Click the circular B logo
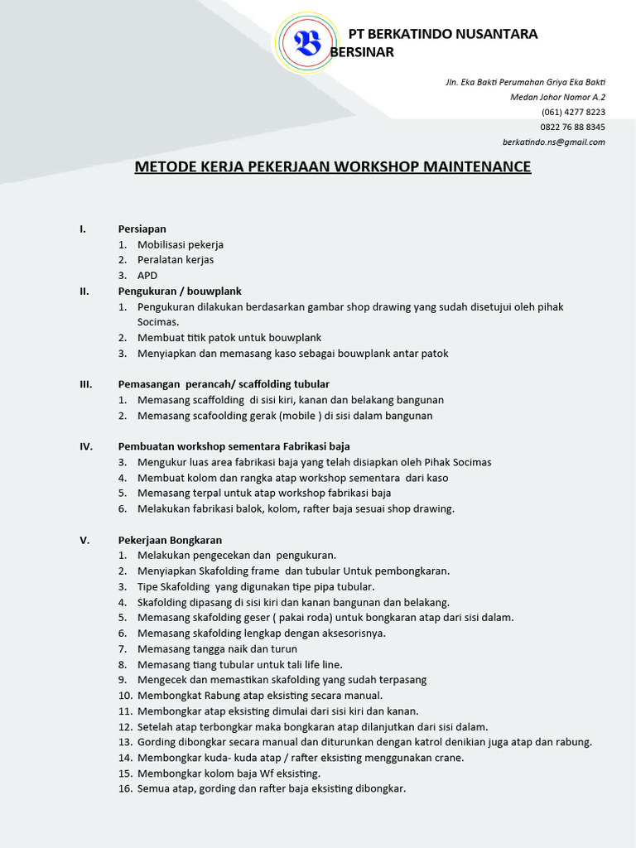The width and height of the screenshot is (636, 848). (308, 42)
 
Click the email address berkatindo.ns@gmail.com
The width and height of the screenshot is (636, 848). (560, 142)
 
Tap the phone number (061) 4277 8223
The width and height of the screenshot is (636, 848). (573, 112)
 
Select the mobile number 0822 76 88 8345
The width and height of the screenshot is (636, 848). (572, 127)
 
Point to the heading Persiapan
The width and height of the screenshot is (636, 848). (142, 229)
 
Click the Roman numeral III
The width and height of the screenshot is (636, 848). (85, 384)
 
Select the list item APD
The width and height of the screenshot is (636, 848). (147, 275)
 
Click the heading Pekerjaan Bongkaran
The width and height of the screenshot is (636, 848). (170, 540)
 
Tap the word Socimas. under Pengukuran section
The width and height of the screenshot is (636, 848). (158, 321)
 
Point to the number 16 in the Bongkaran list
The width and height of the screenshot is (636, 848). (125, 788)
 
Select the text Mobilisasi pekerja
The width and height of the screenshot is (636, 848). (181, 244)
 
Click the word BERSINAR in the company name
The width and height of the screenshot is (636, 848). (362, 51)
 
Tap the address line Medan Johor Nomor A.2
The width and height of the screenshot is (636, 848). (557, 97)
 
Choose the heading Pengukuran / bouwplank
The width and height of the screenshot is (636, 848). (180, 291)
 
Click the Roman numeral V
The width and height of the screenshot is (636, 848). (84, 540)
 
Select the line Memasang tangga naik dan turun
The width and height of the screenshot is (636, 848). (217, 648)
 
